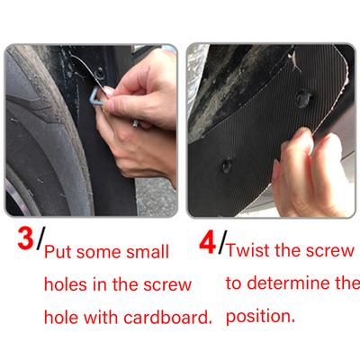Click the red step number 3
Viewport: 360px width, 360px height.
pos(25,238)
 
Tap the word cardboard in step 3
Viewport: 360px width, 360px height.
pos(167,317)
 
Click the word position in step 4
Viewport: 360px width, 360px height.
pos(260,317)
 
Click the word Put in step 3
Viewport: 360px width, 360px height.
pos(58,252)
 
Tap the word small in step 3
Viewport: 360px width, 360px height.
pos(148,252)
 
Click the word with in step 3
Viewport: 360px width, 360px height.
pos(100,317)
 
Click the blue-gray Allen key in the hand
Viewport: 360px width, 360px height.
pos(95,96)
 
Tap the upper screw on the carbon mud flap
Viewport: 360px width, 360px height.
pos(303,98)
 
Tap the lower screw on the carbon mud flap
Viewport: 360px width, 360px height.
pos(227,166)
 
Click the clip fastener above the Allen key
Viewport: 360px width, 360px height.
pos(99,73)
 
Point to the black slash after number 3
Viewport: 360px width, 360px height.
pos(40,238)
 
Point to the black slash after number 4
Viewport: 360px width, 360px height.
pos(222,242)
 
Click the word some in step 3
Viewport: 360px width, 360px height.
pos(99,253)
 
